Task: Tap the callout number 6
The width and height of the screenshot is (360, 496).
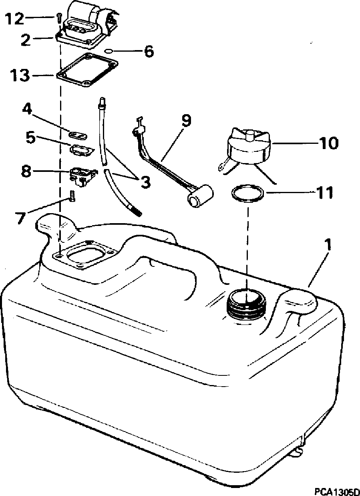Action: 149,51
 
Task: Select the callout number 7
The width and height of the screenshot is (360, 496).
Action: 20,218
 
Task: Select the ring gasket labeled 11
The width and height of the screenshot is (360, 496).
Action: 247,194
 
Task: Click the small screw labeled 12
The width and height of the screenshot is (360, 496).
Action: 59,17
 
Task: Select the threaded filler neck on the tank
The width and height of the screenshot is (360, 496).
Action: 245,304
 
